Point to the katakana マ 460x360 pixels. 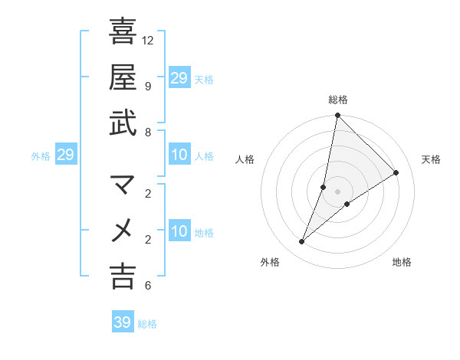pyautogui.click(x=123, y=184)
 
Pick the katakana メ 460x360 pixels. pyautogui.click(x=123, y=230)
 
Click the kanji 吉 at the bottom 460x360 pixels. pyautogui.click(x=123, y=276)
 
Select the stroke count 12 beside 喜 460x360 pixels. pyautogui.click(x=149, y=39)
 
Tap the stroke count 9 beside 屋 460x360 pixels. pyautogui.click(x=147, y=86)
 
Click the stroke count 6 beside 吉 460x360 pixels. pyautogui.click(x=147, y=286)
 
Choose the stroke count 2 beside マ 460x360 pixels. pyautogui.click(x=147, y=192)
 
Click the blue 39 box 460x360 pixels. pyautogui.click(x=122, y=322)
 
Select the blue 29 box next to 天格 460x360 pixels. pyautogui.click(x=179, y=77)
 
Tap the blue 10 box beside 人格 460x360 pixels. pyautogui.click(x=179, y=155)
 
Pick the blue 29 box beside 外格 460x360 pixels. pyautogui.click(x=65, y=155)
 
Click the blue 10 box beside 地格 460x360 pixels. pyautogui.click(x=179, y=231)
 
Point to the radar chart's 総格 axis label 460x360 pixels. pyautogui.click(x=338, y=100)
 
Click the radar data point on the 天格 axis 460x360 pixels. pyautogui.click(x=396, y=172)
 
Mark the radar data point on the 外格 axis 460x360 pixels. pyautogui.click(x=302, y=242)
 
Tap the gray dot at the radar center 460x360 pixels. pyautogui.click(x=338, y=191)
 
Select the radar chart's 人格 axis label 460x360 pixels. pyautogui.click(x=245, y=159)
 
